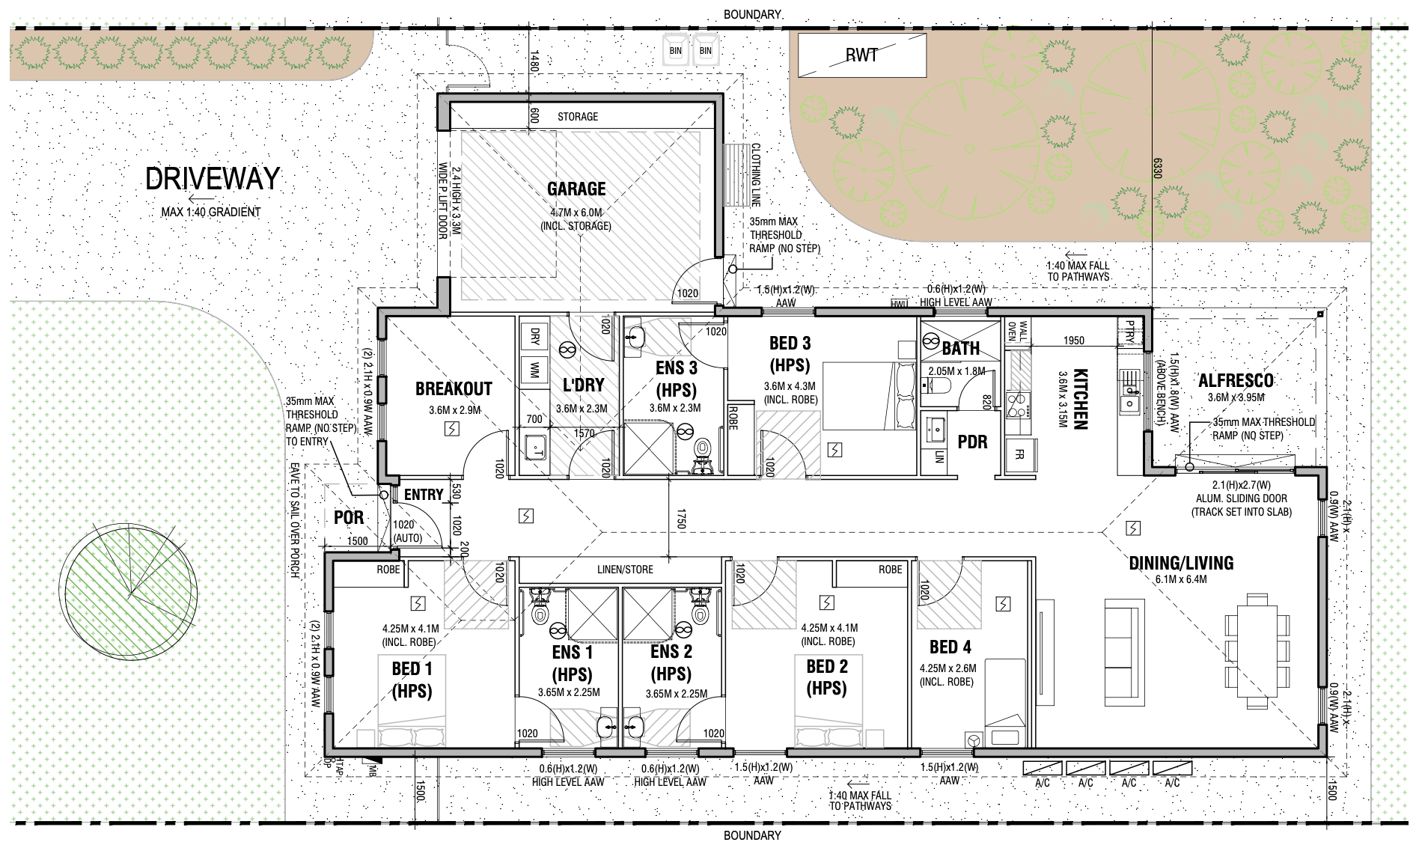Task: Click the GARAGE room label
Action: coord(576,189)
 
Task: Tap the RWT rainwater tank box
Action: coord(861,55)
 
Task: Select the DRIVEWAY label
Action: coord(213,179)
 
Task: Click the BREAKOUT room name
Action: coord(454,388)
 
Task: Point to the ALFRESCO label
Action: coord(1236,380)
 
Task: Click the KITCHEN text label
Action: coord(1080,399)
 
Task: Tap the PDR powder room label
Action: coord(972,442)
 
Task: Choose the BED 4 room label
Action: coord(950,647)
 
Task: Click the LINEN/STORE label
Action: coord(625,570)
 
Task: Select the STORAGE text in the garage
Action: coord(578,117)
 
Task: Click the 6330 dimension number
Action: coord(1156,168)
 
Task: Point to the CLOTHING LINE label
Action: coord(756,176)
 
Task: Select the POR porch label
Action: coord(349,517)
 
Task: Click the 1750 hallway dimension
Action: coord(680,519)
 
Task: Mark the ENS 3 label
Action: coord(677,367)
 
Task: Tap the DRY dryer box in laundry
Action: coord(534,335)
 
